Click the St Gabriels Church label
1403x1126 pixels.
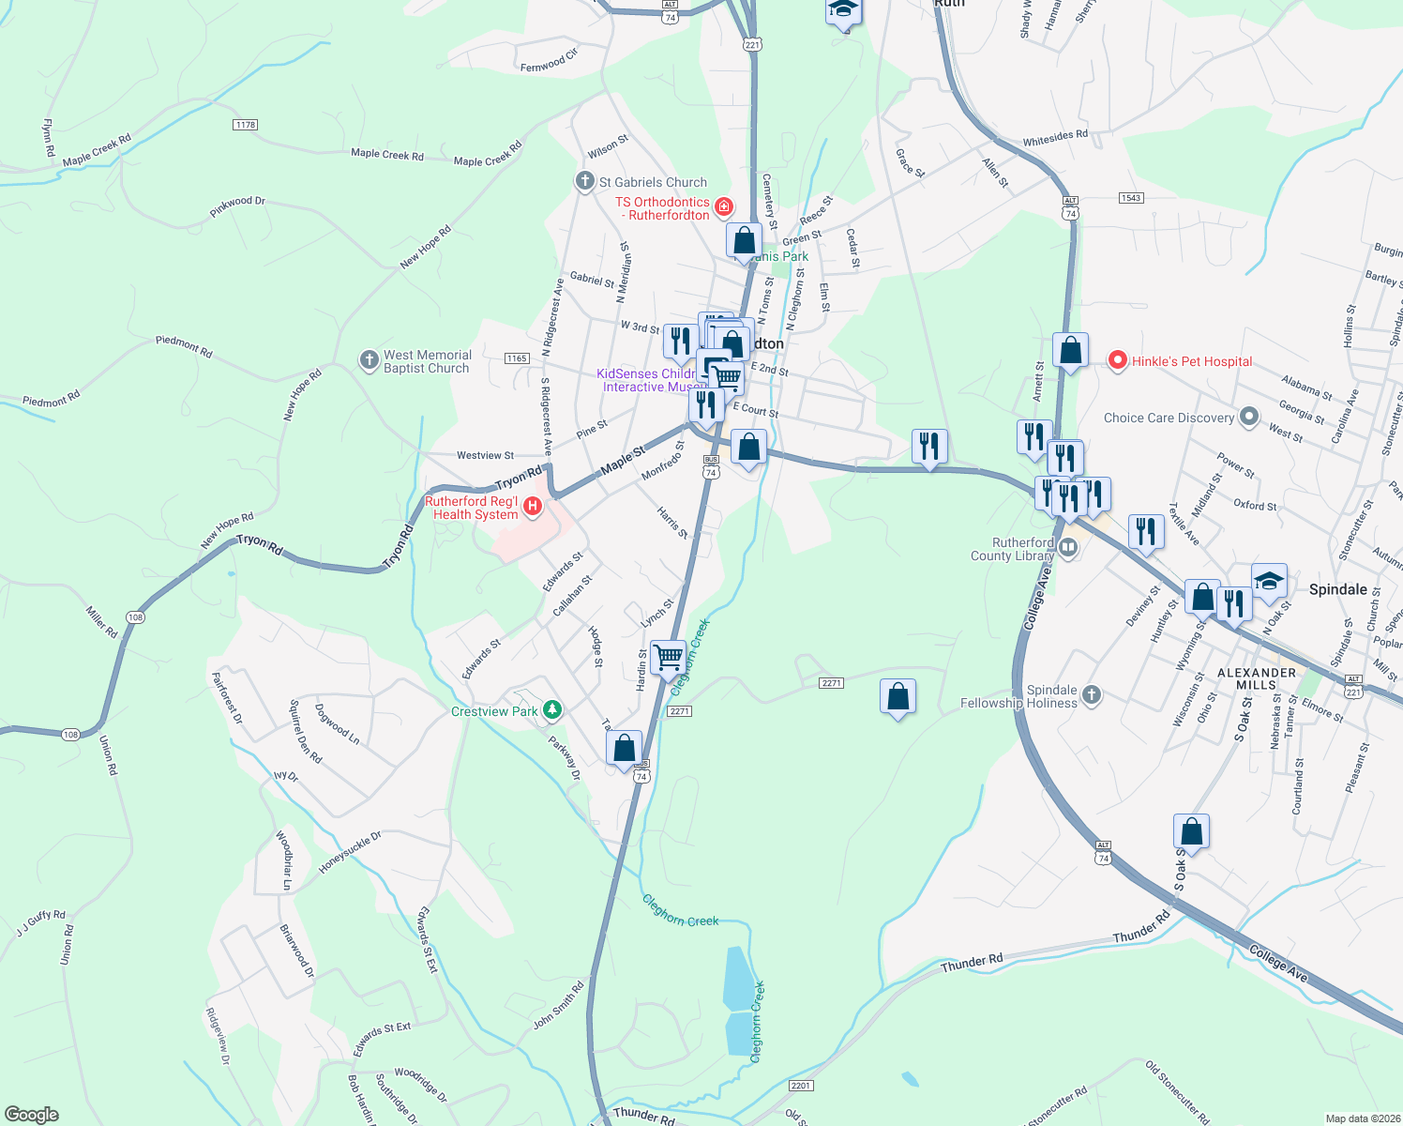(x=653, y=182)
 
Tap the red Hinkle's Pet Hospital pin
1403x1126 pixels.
(x=1117, y=360)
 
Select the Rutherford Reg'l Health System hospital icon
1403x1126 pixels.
(x=533, y=507)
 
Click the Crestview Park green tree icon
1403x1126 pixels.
(x=552, y=710)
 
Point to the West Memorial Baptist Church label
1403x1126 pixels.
(x=427, y=361)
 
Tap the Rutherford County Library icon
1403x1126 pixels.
(x=1067, y=546)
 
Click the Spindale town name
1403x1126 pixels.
(x=1337, y=589)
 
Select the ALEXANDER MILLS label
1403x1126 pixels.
(x=1256, y=678)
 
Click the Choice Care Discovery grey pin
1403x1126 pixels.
(x=1248, y=417)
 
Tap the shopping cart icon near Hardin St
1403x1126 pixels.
(x=668, y=656)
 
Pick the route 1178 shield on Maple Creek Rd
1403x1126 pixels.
(x=245, y=125)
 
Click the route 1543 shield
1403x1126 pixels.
(x=1131, y=197)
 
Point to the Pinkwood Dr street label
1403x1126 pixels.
(x=237, y=206)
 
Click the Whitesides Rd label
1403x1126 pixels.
(x=1055, y=138)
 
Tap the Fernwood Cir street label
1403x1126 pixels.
(x=550, y=61)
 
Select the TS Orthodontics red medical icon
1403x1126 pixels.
(x=724, y=205)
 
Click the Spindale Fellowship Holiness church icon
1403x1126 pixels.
(x=1090, y=695)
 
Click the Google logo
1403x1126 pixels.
(x=32, y=1114)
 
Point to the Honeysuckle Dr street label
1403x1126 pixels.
(x=350, y=852)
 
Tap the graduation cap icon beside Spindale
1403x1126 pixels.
(x=1269, y=582)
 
